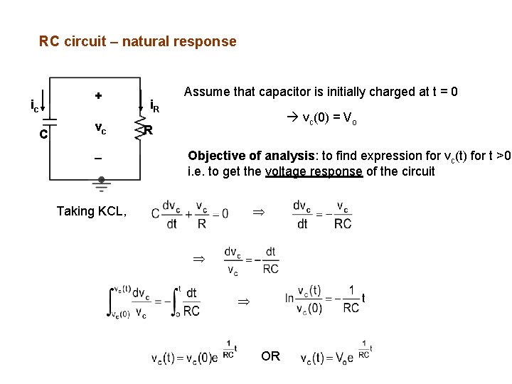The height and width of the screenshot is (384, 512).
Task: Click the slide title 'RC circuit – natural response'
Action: click(x=137, y=41)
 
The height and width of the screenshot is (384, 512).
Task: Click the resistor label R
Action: click(x=148, y=131)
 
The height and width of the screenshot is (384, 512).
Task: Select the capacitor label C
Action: click(x=44, y=133)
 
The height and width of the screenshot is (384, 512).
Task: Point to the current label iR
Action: click(x=156, y=107)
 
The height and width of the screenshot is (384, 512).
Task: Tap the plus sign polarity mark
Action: click(x=98, y=95)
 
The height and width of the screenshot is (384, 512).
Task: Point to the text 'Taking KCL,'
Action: click(x=92, y=210)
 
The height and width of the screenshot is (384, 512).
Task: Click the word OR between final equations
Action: click(x=270, y=356)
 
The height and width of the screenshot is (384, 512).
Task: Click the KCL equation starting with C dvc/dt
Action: click(x=189, y=213)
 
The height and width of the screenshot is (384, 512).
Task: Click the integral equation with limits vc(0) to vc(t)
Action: click(x=153, y=302)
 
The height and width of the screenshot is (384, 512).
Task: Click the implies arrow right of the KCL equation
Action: click(x=258, y=212)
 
